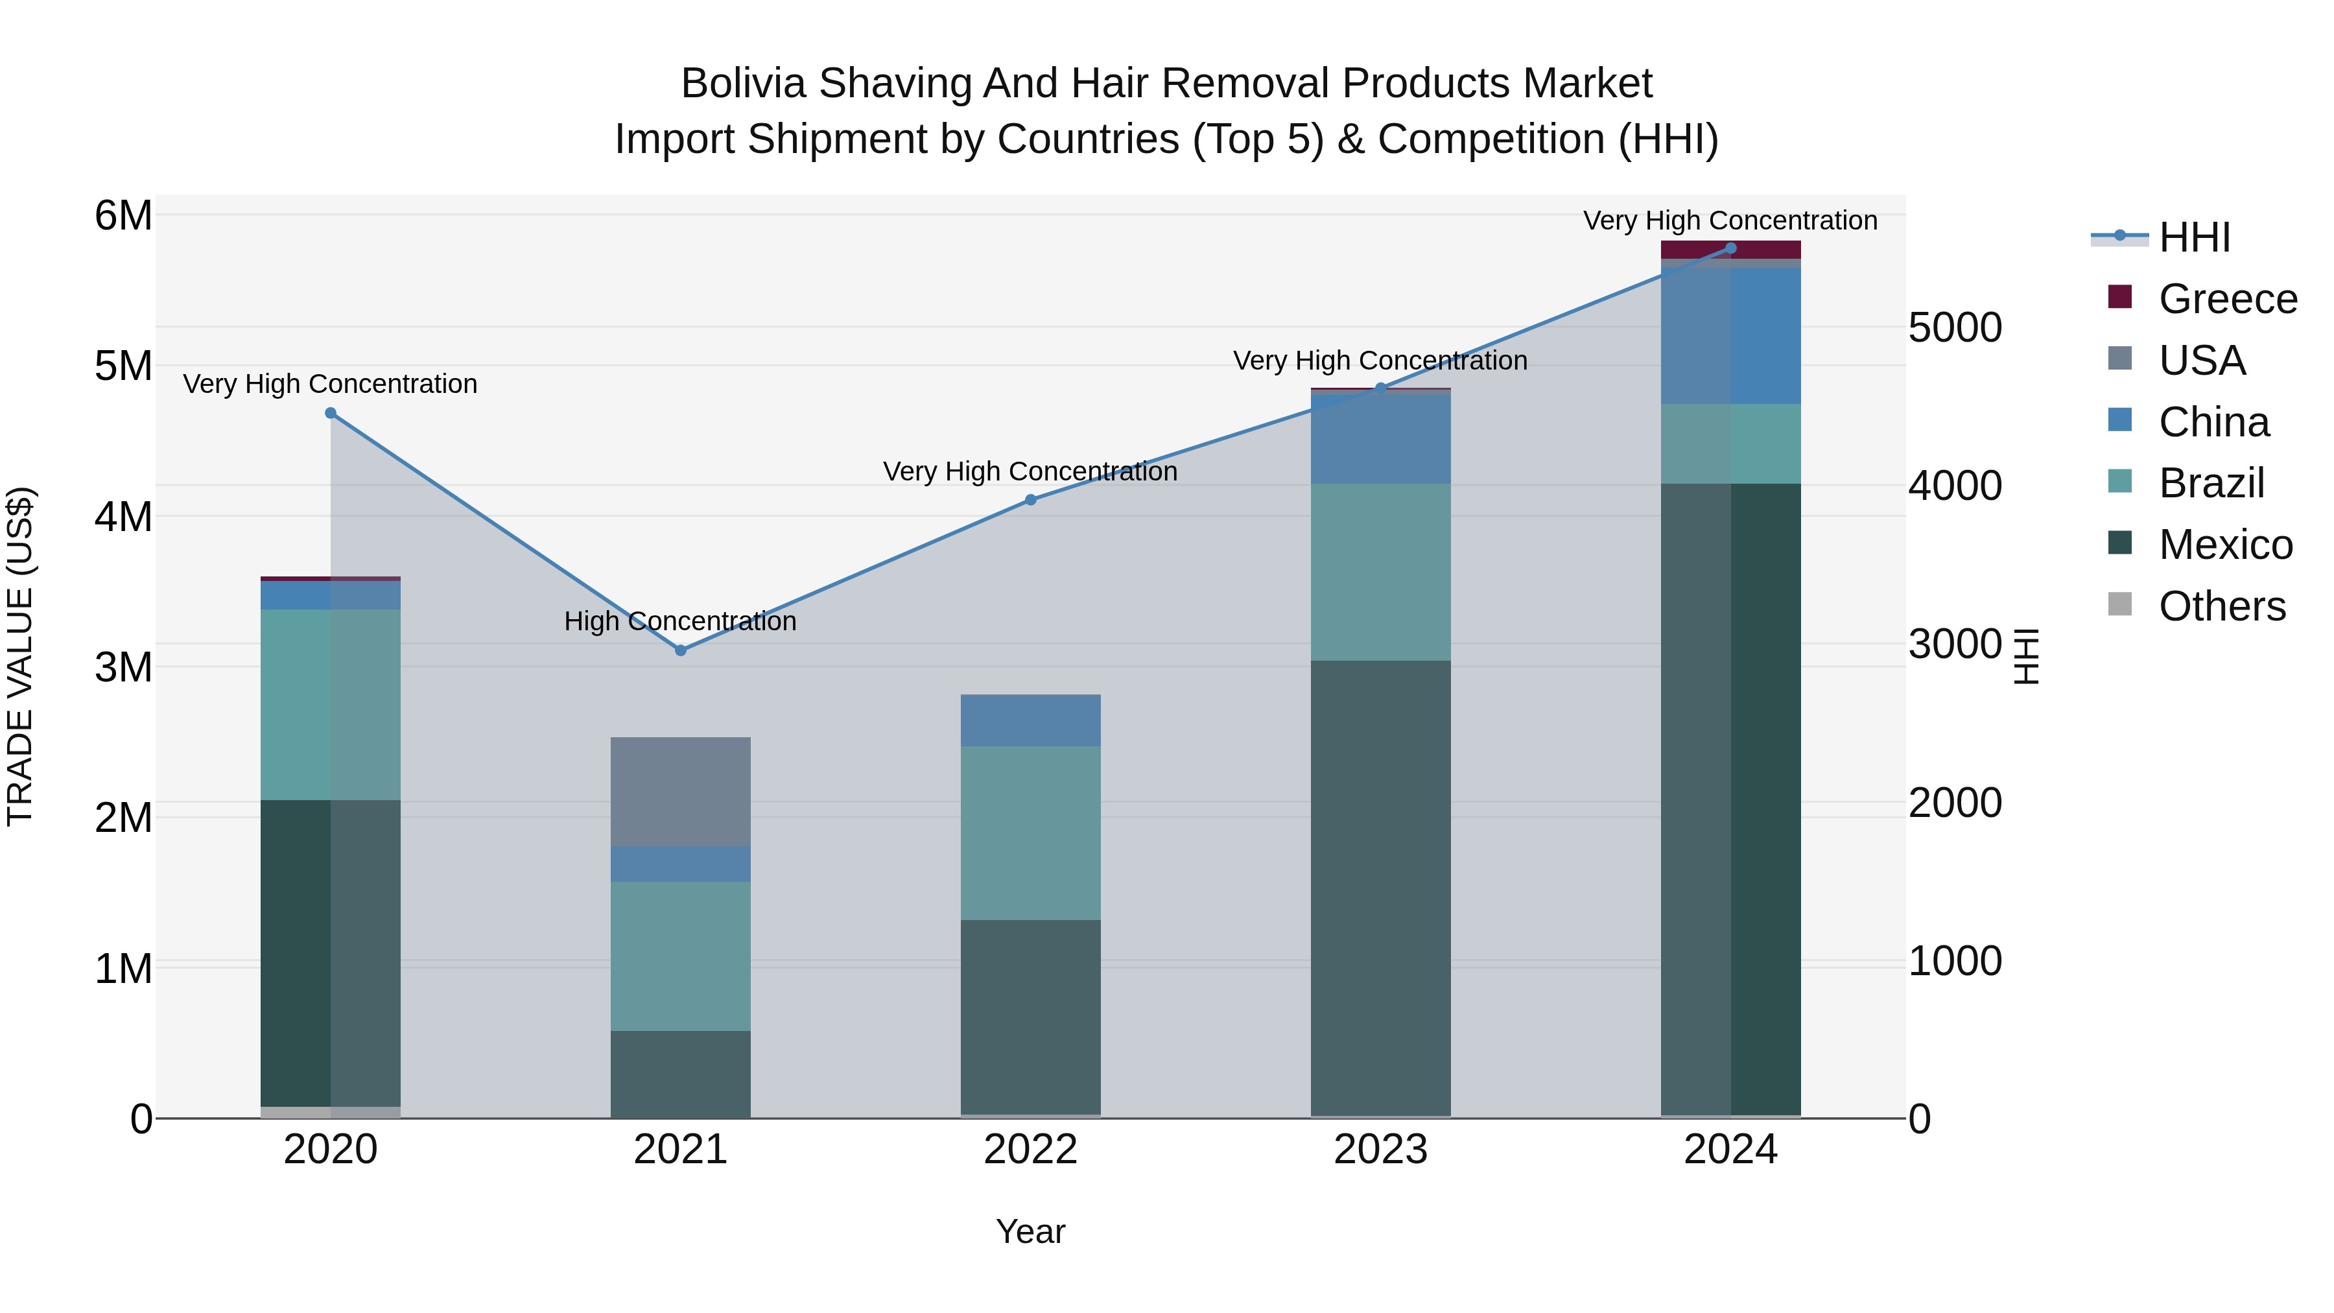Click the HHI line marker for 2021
point(681,650)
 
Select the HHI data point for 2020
point(331,413)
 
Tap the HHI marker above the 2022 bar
point(1030,500)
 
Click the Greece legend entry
point(2228,299)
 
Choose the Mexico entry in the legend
point(2225,545)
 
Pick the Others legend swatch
point(2120,604)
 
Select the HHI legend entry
point(2193,237)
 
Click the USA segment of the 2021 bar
point(681,791)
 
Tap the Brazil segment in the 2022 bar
point(1030,833)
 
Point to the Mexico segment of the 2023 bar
point(1380,888)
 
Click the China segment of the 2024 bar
point(1730,335)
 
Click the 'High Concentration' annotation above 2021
point(681,622)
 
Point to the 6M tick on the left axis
point(123,217)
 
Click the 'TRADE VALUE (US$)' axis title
point(20,656)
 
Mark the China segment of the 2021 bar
point(681,864)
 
